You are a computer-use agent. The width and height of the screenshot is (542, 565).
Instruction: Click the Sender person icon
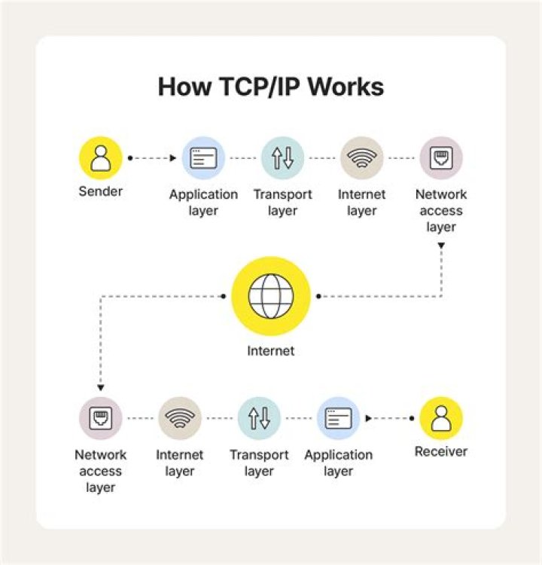[100, 157]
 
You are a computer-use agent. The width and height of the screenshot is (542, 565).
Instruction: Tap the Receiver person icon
[440, 418]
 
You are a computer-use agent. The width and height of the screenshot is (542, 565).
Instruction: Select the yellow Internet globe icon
[271, 297]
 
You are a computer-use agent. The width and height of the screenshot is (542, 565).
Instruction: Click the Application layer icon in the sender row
[203, 157]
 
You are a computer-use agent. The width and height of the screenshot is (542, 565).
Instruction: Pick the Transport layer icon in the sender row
[282, 157]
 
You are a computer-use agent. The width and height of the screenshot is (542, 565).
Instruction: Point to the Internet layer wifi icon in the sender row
[361, 157]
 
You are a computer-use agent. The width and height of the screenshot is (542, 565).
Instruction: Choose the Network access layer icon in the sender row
[440, 157]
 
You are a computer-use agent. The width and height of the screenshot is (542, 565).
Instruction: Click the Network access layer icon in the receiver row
[100, 418]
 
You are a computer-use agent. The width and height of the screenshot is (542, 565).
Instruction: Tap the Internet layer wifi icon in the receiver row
[179, 418]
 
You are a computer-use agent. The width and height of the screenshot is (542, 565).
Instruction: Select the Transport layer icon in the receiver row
[259, 418]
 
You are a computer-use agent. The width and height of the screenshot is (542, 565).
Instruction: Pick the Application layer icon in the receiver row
[338, 418]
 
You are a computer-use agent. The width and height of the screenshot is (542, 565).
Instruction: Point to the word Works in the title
[348, 87]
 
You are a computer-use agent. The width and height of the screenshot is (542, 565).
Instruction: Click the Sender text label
[100, 191]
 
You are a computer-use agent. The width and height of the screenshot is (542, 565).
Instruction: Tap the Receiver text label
[440, 452]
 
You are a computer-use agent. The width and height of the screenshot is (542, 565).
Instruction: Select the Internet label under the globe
[271, 350]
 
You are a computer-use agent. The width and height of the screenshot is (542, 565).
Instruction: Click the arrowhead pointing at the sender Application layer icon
[173, 158]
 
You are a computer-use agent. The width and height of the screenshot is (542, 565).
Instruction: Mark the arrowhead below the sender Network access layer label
[441, 246]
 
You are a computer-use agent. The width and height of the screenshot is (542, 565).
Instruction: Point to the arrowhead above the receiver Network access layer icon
[100, 386]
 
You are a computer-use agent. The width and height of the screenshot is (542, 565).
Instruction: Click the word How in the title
[180, 87]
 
